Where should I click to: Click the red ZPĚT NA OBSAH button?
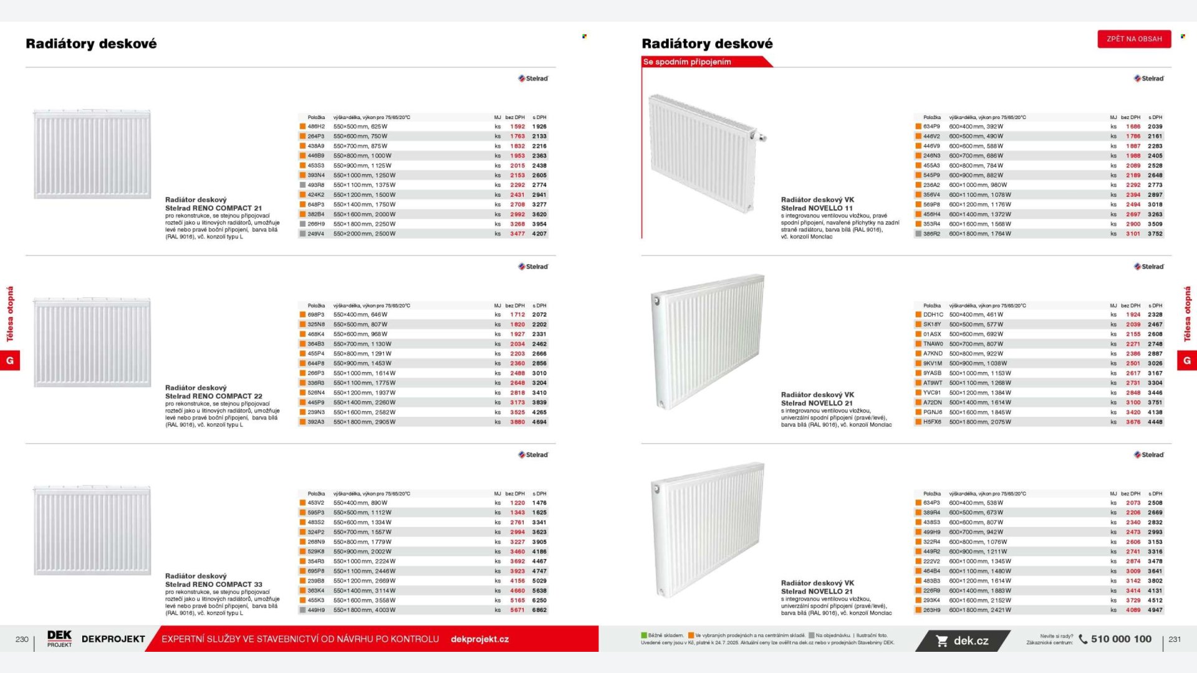pyautogui.click(x=1134, y=39)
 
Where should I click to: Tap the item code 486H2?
pyautogui.click(x=316, y=126)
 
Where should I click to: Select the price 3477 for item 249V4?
pyautogui.click(x=517, y=234)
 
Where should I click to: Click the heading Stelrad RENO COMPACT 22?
pyautogui.click(x=214, y=396)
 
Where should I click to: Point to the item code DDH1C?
pyautogui.click(x=933, y=315)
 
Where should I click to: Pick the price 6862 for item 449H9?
pyautogui.click(x=539, y=610)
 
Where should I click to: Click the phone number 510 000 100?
pyautogui.click(x=1121, y=639)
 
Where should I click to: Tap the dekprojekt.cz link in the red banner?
pyautogui.click(x=479, y=639)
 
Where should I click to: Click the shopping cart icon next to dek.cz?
pyautogui.click(x=942, y=641)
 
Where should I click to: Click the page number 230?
pyautogui.click(x=22, y=639)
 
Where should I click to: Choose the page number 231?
pyautogui.click(x=1175, y=639)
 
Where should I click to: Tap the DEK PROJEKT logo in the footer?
pyautogui.click(x=59, y=639)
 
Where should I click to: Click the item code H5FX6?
pyautogui.click(x=933, y=422)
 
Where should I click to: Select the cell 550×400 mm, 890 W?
pyautogui.click(x=360, y=503)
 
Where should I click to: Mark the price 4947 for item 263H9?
pyautogui.click(x=1155, y=610)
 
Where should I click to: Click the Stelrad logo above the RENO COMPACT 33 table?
pyautogui.click(x=533, y=455)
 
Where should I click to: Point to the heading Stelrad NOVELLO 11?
pyautogui.click(x=817, y=208)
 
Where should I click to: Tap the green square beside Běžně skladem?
pyautogui.click(x=644, y=636)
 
